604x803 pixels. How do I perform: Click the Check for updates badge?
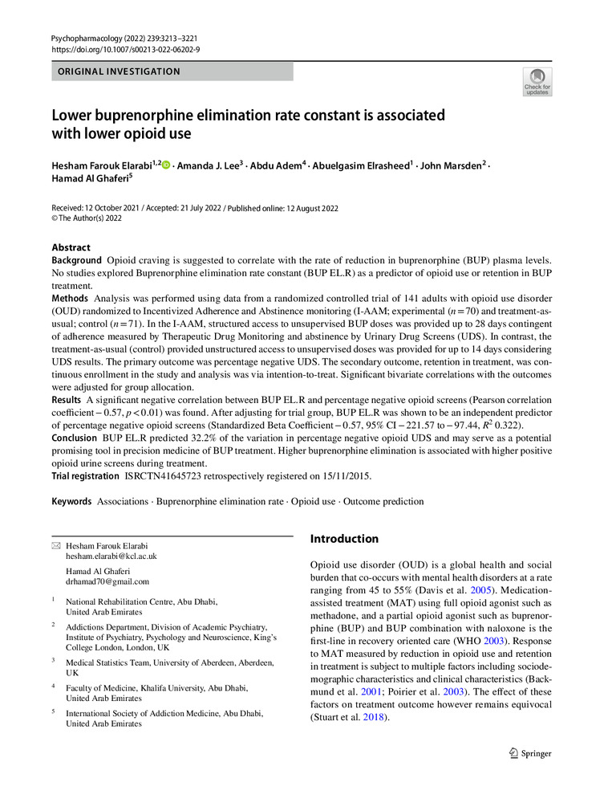537,82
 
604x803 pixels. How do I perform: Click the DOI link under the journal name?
125,49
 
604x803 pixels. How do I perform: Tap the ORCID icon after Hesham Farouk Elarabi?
167,165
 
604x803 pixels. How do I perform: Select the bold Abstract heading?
71,247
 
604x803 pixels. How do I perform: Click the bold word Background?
77,261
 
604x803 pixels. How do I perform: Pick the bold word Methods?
70,298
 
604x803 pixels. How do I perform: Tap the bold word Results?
67,399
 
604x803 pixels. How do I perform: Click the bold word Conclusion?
75,438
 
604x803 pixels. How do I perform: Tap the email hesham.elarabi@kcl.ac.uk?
111,556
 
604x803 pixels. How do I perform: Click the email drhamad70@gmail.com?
107,581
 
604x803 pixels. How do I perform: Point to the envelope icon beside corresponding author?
55,545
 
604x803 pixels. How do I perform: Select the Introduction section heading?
344,539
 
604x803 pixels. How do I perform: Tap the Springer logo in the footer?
530,753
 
